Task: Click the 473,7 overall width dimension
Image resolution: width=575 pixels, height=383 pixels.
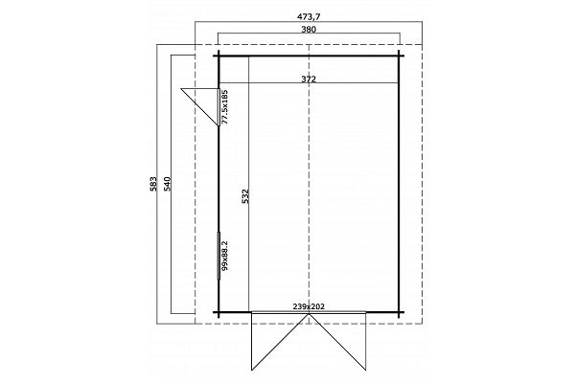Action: tap(309, 17)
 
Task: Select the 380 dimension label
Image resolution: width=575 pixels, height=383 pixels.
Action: tap(309, 30)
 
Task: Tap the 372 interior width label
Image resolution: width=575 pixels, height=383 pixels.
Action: tap(309, 79)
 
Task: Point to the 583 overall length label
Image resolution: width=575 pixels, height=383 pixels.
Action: tap(153, 184)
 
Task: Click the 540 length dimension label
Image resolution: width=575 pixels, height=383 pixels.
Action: tap(167, 184)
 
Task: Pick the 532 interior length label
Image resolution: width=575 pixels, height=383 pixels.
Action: tap(245, 196)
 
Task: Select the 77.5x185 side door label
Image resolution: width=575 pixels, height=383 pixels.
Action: tap(225, 106)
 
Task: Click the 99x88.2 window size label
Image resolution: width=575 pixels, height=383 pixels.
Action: tap(225, 256)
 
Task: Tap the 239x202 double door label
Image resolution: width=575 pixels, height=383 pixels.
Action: tap(309, 306)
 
